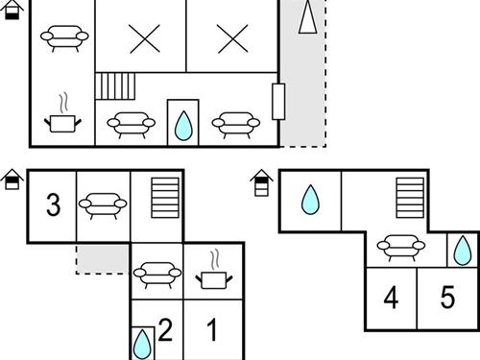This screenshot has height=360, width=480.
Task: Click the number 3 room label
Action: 54,204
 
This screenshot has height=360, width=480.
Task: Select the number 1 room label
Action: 212,330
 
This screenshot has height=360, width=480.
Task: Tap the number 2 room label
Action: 165,330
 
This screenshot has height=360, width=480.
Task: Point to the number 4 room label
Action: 391,298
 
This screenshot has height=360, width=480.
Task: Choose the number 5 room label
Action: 447,298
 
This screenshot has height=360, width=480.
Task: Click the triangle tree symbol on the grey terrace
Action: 308,16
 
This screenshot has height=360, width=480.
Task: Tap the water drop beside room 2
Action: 142,345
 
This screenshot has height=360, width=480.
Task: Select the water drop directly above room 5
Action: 463,251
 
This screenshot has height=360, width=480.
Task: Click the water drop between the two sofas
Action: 183,126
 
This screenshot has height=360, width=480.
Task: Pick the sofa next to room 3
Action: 103,205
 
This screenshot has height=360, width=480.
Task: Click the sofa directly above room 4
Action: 401,248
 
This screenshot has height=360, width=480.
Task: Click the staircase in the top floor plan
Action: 115,86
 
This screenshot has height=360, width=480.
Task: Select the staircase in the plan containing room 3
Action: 165,198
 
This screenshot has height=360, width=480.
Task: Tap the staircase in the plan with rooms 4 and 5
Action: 410,198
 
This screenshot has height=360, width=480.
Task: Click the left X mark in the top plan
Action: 145,39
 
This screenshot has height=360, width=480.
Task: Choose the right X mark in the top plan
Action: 233,39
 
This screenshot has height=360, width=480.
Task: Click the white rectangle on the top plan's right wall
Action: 278,102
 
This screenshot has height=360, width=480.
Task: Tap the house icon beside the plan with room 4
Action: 261,182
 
